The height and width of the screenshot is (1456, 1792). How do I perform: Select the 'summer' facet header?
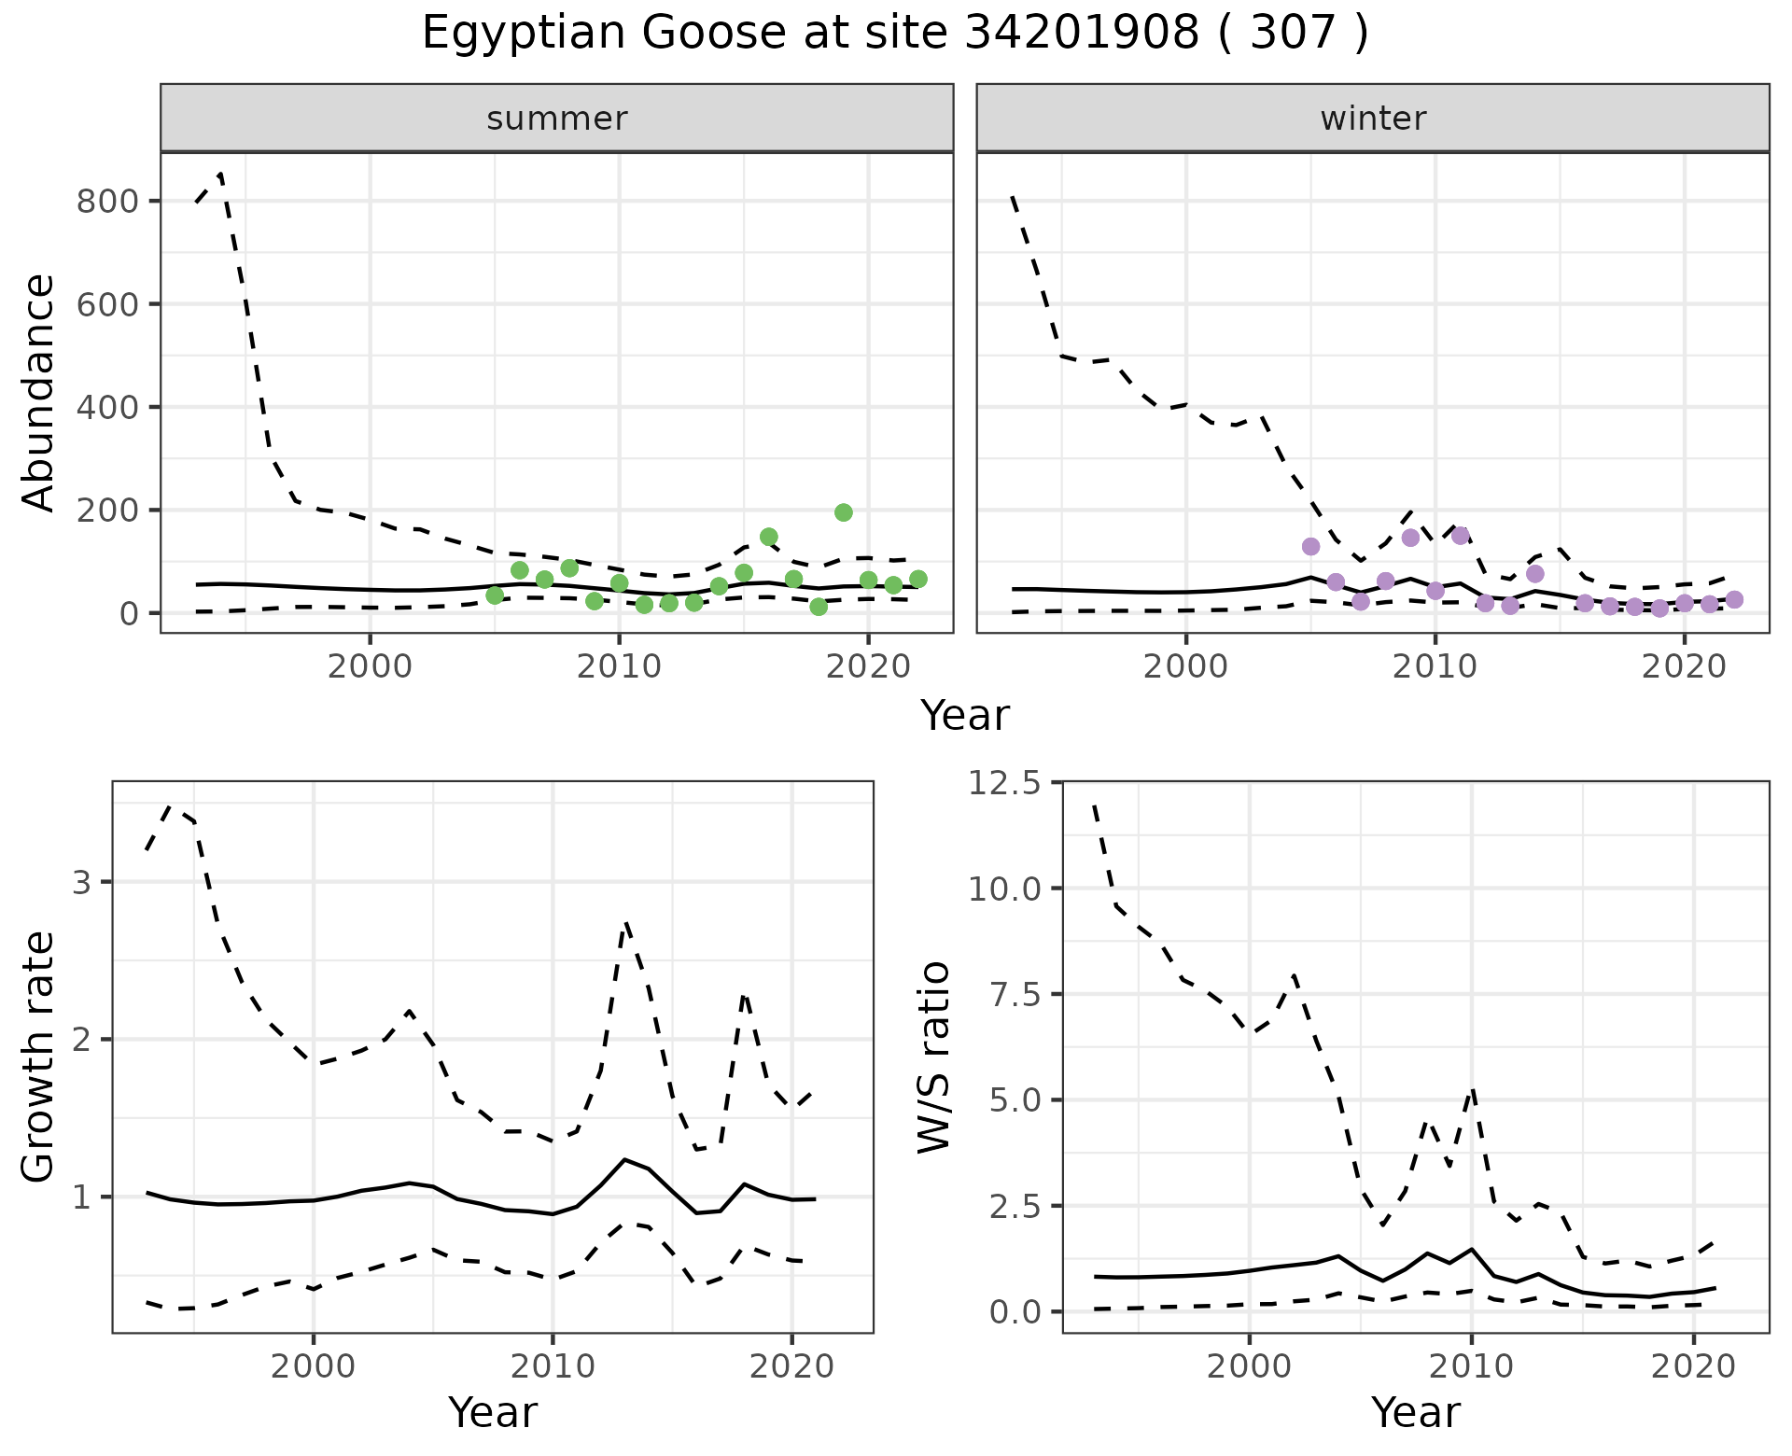coord(557,119)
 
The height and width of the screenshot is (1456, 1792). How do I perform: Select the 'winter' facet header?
coord(1373,119)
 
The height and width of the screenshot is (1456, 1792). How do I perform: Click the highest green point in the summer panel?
coord(844,512)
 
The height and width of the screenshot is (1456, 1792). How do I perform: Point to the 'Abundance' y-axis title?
coord(39,393)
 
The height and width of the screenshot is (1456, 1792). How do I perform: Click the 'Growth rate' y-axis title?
coord(39,1058)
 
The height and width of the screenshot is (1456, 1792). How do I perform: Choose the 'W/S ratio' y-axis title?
coord(934,1057)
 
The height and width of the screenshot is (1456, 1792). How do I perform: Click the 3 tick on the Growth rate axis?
coord(81,883)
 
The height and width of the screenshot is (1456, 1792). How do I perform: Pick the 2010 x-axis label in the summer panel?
coord(619,667)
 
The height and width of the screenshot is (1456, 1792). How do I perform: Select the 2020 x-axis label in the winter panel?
coord(1685,667)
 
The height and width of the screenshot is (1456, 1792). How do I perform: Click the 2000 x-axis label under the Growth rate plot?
coord(314,1367)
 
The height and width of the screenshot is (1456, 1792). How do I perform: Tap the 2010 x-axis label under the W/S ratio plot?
coord(1471,1367)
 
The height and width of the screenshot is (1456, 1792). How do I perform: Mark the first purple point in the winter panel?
coord(1311,546)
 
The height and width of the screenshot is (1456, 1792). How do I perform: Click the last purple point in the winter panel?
coord(1734,599)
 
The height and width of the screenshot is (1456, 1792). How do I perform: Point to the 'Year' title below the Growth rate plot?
coord(493,1412)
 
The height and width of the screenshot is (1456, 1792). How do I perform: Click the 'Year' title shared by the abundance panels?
coord(965,716)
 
